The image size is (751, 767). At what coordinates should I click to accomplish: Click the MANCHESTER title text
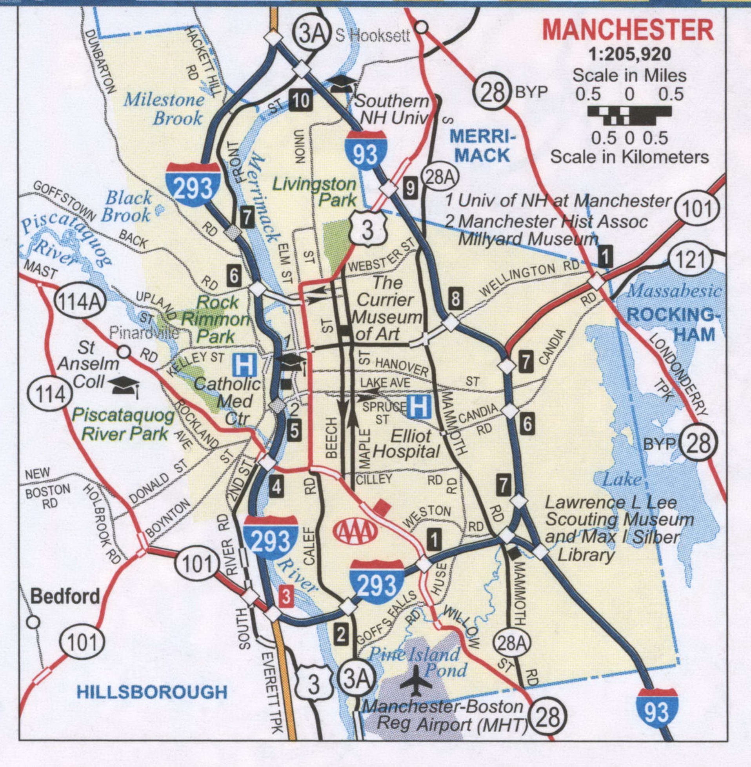tap(628, 30)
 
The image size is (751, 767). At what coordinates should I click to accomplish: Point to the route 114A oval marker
tap(80, 302)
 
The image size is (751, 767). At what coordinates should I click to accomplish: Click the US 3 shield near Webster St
tap(366, 231)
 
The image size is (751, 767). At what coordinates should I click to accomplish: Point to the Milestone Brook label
tap(165, 109)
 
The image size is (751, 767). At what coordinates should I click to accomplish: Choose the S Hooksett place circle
tap(422, 27)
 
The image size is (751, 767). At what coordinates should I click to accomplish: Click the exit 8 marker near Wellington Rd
tap(456, 299)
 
